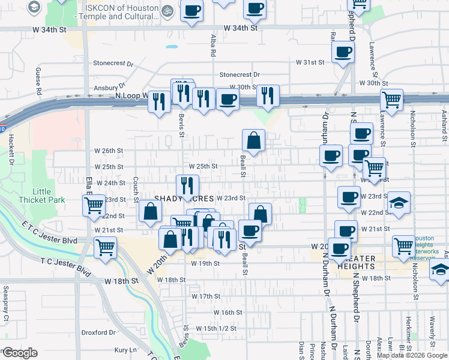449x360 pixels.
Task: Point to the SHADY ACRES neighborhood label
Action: [185, 198]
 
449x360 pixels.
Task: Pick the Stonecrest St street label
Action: [113, 62]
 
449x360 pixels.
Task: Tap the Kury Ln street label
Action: [125, 350]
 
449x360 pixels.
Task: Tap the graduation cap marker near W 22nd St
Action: [399, 203]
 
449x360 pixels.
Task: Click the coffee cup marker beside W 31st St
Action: [343, 52]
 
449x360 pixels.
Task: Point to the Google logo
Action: [20, 353]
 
